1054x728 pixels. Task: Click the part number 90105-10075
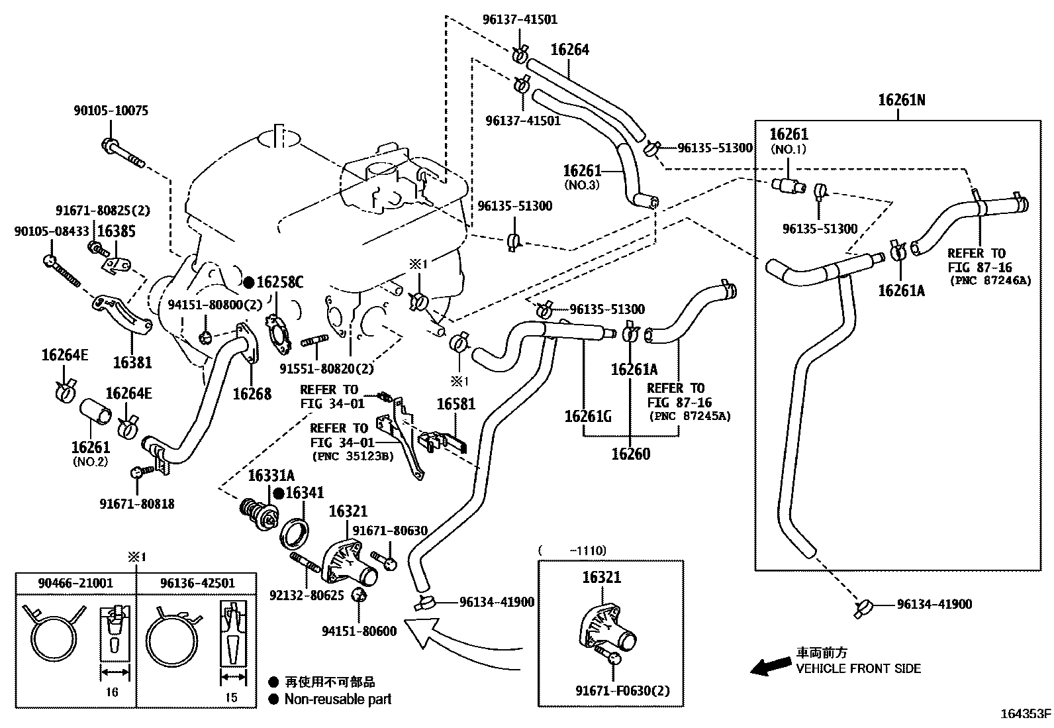pyautogui.click(x=111, y=111)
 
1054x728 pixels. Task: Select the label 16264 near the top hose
pyautogui.click(x=570, y=50)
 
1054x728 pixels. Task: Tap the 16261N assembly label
pyautogui.click(x=902, y=100)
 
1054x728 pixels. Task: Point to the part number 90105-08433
pyautogui.click(x=52, y=231)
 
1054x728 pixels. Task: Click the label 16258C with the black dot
pyautogui.click(x=274, y=282)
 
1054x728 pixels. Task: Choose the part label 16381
pyautogui.click(x=132, y=362)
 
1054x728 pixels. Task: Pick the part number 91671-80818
pyautogui.click(x=137, y=504)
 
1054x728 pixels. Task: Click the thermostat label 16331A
pyautogui.click(x=271, y=476)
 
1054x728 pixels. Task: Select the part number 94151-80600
pyautogui.click(x=359, y=631)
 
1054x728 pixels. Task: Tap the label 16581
pyautogui.click(x=456, y=403)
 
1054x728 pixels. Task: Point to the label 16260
pyautogui.click(x=630, y=454)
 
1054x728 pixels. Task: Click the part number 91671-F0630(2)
pyautogui.click(x=622, y=691)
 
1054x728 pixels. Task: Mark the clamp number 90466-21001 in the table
pyautogui.click(x=75, y=583)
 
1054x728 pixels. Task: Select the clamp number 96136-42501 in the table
pyautogui.click(x=197, y=583)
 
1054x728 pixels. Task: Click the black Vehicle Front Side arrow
pyautogui.click(x=770, y=666)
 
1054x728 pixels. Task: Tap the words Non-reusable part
pyautogui.click(x=338, y=700)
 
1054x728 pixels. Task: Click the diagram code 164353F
pyautogui.click(x=1026, y=714)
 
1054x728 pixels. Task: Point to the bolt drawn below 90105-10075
pyautogui.click(x=122, y=152)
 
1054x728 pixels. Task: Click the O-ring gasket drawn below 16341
pyautogui.click(x=295, y=533)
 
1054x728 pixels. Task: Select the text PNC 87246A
pyautogui.click(x=990, y=281)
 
